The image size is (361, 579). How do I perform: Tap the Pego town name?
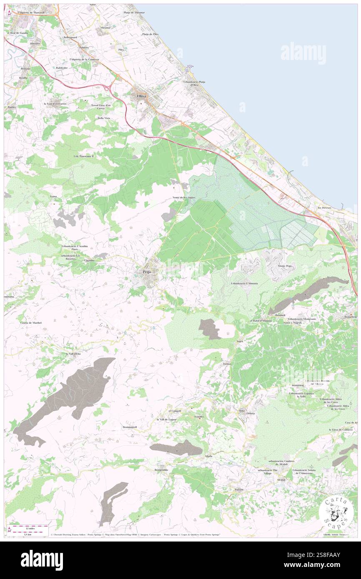pyautogui.click(x=146, y=272)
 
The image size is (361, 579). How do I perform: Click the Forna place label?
pyautogui.click(x=53, y=196)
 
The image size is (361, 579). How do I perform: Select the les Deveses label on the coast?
pyautogui.click(x=324, y=207)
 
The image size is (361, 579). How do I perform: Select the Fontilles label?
pyautogui.click(x=201, y=417)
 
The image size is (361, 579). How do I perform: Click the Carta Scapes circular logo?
pyautogui.click(x=336, y=512)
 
